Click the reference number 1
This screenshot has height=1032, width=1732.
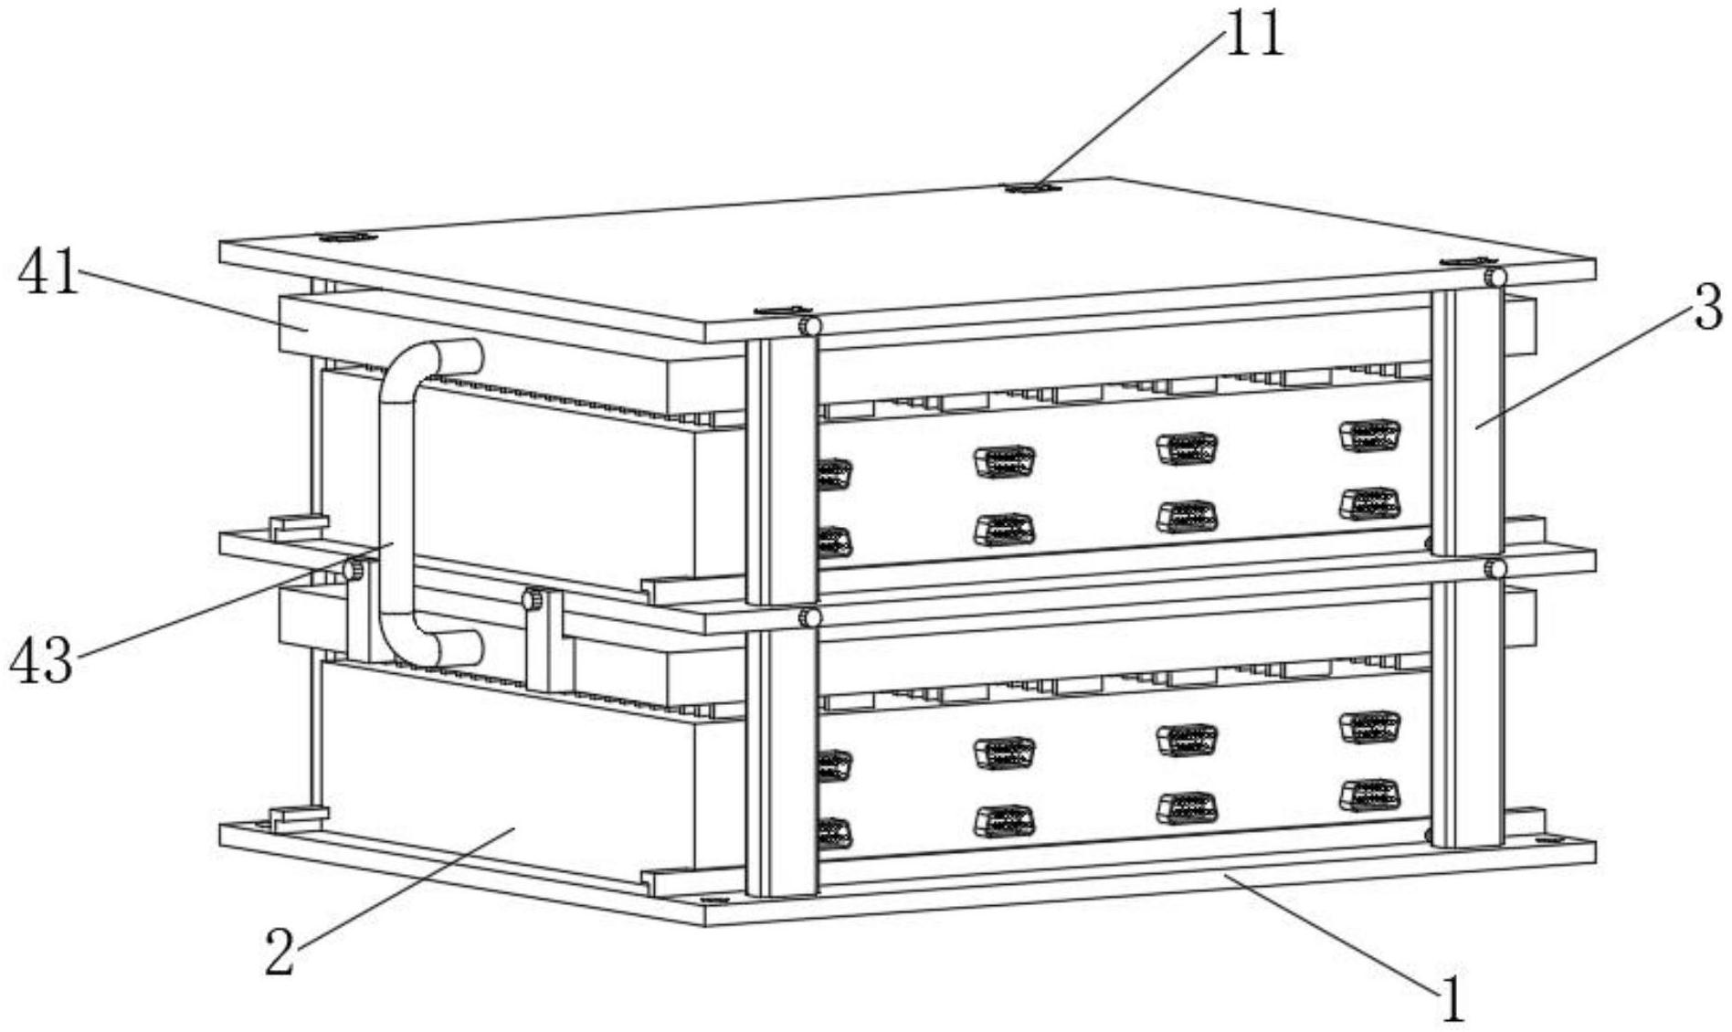pyautogui.click(x=1452, y=1000)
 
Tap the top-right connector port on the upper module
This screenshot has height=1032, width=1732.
pyautogui.click(x=1369, y=435)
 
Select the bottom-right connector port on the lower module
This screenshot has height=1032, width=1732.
pyautogui.click(x=1369, y=795)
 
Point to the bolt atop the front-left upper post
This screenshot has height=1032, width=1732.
pyautogui.click(x=809, y=326)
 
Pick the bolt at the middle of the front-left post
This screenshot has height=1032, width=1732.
pyautogui.click(x=809, y=618)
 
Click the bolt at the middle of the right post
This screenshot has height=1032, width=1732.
pyautogui.click(x=1495, y=569)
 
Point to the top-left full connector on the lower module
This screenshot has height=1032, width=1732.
pyautogui.click(x=1004, y=752)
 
